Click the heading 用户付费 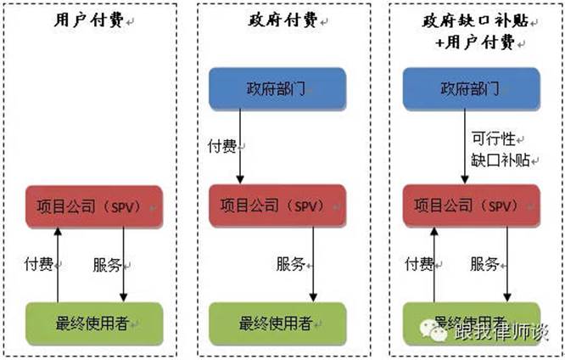click(x=83, y=21)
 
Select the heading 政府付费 click(x=277, y=21)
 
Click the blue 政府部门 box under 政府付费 click(x=277, y=89)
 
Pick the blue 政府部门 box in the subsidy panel click(x=472, y=89)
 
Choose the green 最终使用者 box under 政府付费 click(x=277, y=323)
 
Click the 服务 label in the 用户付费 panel click(x=108, y=264)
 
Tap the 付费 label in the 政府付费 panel click(x=223, y=147)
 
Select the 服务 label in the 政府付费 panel click(x=291, y=264)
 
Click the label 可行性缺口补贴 click(x=501, y=148)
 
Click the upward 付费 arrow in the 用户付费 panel click(x=58, y=265)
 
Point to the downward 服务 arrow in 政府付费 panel click(x=313, y=265)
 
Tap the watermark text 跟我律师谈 click(x=508, y=332)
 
